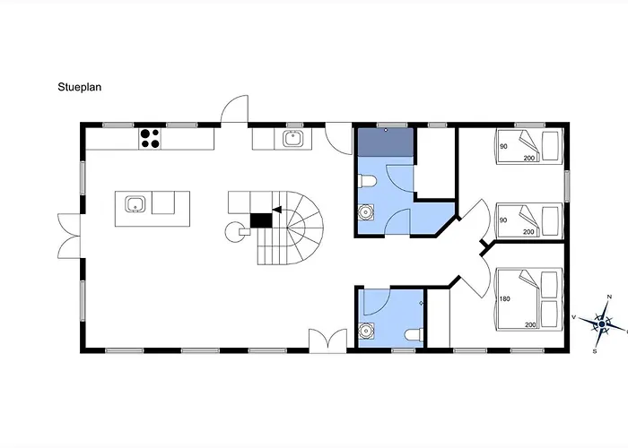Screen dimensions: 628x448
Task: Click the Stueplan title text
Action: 79,87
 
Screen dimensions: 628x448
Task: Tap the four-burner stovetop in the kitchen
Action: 150,138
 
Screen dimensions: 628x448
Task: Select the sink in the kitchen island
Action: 134,204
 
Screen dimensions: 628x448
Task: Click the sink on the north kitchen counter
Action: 292,139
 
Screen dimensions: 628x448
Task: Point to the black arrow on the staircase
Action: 276,210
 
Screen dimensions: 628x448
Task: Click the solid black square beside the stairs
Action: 261,220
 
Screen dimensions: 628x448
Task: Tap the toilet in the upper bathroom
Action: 367,181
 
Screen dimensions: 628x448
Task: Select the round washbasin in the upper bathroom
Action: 366,212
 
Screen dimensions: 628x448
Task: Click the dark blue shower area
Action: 385,142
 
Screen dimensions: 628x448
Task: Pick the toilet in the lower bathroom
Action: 414,333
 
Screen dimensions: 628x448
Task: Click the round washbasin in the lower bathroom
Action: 366,331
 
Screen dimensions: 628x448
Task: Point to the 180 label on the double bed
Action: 504,298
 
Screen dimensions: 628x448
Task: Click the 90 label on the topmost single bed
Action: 503,146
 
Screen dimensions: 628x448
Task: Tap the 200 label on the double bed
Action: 530,324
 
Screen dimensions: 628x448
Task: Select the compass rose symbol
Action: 602,323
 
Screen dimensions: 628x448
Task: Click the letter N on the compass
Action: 609,297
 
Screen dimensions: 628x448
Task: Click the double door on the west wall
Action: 69,236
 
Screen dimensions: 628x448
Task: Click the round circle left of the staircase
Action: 234,232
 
